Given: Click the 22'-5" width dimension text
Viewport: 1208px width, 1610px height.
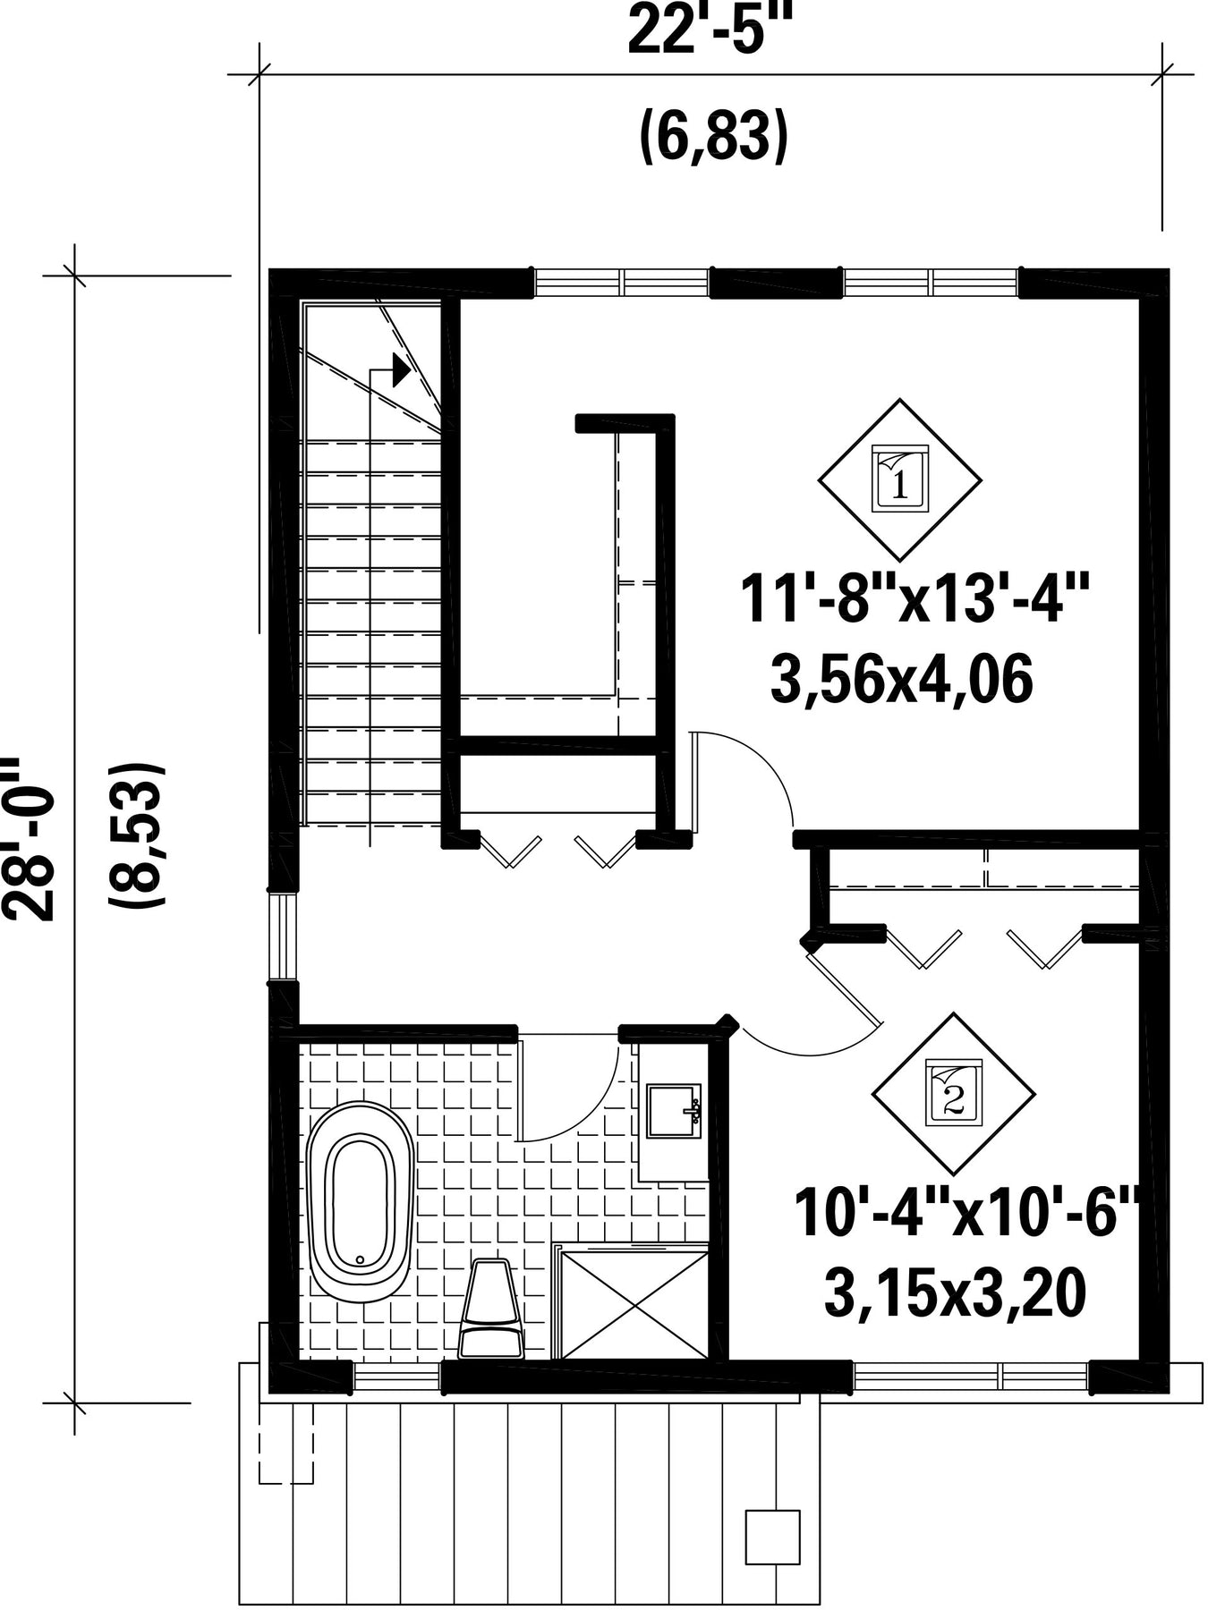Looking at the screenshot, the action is click(x=711, y=30).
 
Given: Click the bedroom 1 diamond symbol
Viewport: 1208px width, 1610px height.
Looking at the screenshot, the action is click(x=899, y=480).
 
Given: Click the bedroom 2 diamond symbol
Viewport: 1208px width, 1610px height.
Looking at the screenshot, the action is click(x=954, y=1094).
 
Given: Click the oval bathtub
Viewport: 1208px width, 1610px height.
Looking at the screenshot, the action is click(x=361, y=1201).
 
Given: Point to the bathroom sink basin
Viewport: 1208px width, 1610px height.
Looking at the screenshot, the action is click(x=673, y=1112).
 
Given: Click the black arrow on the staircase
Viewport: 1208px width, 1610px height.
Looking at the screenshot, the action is click(x=402, y=369).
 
